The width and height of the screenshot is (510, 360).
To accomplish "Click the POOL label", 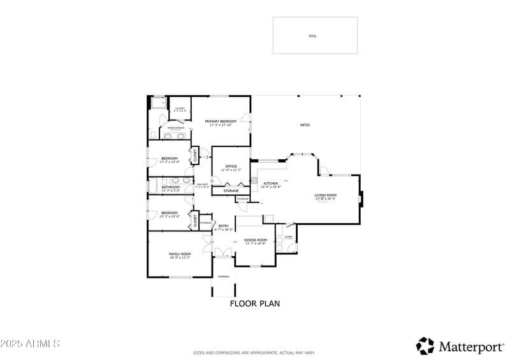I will [x=312, y=36].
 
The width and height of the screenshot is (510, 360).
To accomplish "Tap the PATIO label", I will [x=305, y=125].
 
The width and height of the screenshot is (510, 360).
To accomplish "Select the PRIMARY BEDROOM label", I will [x=221, y=121].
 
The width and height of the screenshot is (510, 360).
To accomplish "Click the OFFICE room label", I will [x=231, y=166].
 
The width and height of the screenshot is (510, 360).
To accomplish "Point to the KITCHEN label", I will [x=271, y=183].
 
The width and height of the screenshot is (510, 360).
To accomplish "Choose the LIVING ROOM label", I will [x=325, y=195].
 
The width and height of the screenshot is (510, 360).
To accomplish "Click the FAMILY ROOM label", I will [x=180, y=254].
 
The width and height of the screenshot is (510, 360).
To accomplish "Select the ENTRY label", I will [x=224, y=226].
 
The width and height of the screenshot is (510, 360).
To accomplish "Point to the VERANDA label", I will [x=223, y=277].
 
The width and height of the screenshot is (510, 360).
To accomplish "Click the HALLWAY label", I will [x=203, y=184].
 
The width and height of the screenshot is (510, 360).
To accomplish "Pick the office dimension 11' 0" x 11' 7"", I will [x=231, y=170].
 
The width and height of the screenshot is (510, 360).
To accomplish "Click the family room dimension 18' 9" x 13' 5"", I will [x=180, y=257].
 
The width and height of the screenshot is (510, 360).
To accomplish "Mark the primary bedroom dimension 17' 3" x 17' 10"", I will [x=221, y=125].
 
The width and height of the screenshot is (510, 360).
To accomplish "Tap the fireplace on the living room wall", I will [x=361, y=197].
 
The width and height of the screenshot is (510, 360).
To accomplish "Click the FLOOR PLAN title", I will [x=254, y=304].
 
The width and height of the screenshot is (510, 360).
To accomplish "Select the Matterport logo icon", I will [x=425, y=346].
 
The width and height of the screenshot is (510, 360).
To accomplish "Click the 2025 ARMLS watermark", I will [x=30, y=344].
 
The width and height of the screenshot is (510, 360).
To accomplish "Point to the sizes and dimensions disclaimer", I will [x=254, y=352].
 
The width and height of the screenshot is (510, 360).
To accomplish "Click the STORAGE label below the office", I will [x=231, y=191].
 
